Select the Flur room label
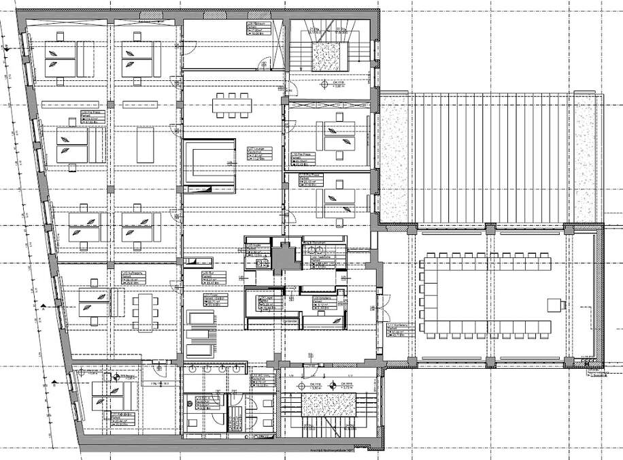tap(209, 276)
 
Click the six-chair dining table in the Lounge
tap(232, 106)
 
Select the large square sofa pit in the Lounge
tap(210, 163)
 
